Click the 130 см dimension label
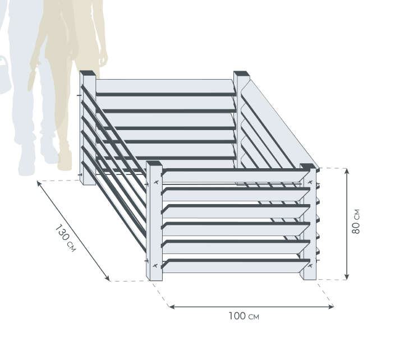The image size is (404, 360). [x=66, y=238]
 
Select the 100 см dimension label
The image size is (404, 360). [x=244, y=316]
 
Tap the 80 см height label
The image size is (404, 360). [x=356, y=221]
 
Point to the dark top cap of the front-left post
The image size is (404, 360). [x=154, y=163]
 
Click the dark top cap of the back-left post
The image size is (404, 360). [x=88, y=73]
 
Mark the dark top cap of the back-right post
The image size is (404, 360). [x=242, y=73]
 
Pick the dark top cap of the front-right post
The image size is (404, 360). [x=308, y=167]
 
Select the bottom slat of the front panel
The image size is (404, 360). [x=236, y=266]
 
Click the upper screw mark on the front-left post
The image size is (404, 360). [x=155, y=182]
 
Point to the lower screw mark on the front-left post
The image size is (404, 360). [x=155, y=265]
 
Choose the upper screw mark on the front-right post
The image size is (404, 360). [x=310, y=182]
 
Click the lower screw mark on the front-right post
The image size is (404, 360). [x=310, y=265]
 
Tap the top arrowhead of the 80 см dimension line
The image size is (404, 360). [x=347, y=171]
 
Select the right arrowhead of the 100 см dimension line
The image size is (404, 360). [x=330, y=306]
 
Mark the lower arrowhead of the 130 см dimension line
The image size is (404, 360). [x=107, y=278]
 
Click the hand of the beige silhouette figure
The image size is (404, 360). [x=103, y=60]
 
